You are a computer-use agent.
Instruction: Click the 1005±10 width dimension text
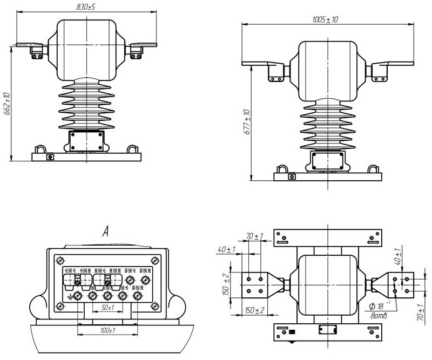(x=325, y=19)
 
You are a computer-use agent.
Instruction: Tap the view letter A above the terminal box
(x=106, y=232)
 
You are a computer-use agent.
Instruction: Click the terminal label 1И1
(x=70, y=270)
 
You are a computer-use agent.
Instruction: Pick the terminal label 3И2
(x=144, y=270)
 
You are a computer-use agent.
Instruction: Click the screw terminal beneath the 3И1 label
(x=130, y=280)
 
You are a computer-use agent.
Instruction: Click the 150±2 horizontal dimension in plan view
(x=254, y=311)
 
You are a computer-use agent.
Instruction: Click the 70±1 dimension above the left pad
(x=254, y=236)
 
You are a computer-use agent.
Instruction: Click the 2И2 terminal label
(x=114, y=270)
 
